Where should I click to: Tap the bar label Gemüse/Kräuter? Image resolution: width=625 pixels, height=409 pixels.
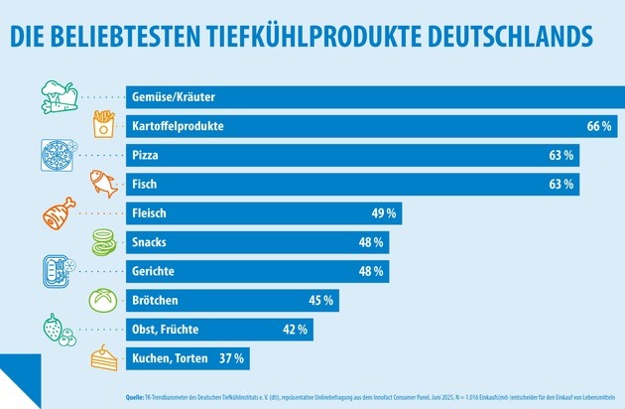[174, 98]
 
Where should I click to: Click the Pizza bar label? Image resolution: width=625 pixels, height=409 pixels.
[145, 156]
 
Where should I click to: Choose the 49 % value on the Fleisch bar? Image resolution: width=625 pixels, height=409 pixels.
[385, 213]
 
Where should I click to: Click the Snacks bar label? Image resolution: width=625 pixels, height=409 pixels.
[149, 242]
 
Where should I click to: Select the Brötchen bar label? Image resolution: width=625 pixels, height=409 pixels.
[156, 300]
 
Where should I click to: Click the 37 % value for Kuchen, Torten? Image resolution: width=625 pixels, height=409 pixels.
[231, 357]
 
